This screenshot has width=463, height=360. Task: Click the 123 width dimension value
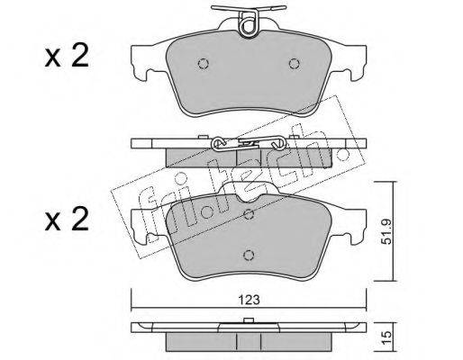(x=250, y=300)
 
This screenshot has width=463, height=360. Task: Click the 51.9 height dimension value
(x=388, y=231)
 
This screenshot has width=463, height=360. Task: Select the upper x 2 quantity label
(x=67, y=56)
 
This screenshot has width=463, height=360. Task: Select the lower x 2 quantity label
(x=67, y=220)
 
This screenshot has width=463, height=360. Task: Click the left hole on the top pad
(x=204, y=64)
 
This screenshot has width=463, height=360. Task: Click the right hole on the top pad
(x=295, y=64)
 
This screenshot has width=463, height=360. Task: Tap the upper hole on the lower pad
(x=249, y=214)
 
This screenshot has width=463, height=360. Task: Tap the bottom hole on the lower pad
(x=249, y=255)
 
